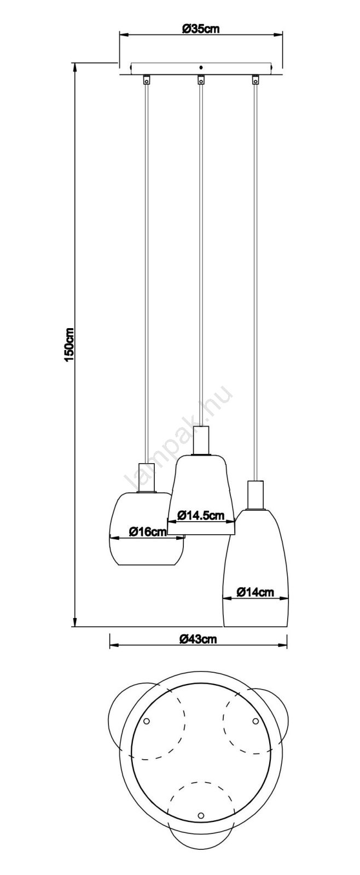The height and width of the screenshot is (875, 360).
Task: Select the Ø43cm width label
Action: pos(198,639)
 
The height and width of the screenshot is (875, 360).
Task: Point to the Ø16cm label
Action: pos(148,531)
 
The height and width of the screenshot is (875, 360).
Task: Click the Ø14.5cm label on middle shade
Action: pos(201,515)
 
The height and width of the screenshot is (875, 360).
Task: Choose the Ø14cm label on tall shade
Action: pos(256,592)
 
